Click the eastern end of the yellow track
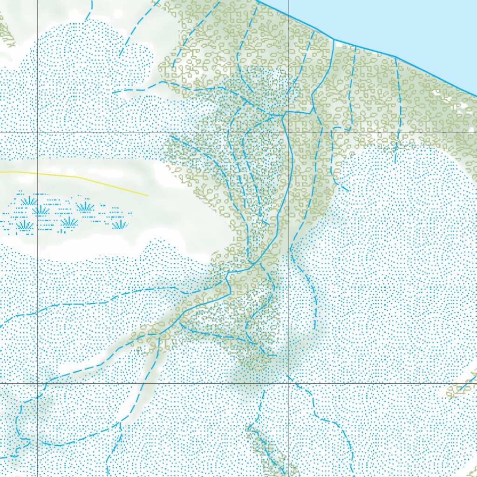[x=148, y=195]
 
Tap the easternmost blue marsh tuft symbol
[x=120, y=225]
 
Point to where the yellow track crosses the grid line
[x=37, y=174]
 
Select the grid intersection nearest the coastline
[x=288, y=133]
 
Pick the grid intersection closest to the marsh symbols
[x=37, y=133]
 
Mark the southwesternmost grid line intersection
[x=37, y=383]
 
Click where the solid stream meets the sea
[x=334, y=40]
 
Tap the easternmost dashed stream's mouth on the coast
[x=396, y=57]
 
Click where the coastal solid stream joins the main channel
[x=284, y=113]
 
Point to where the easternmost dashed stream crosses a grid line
[x=399, y=133]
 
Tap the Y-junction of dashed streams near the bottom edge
[x=120, y=423]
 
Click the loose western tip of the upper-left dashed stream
[x=113, y=93]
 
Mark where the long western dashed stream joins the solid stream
[x=227, y=279]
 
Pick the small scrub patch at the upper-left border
[x=6, y=33]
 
